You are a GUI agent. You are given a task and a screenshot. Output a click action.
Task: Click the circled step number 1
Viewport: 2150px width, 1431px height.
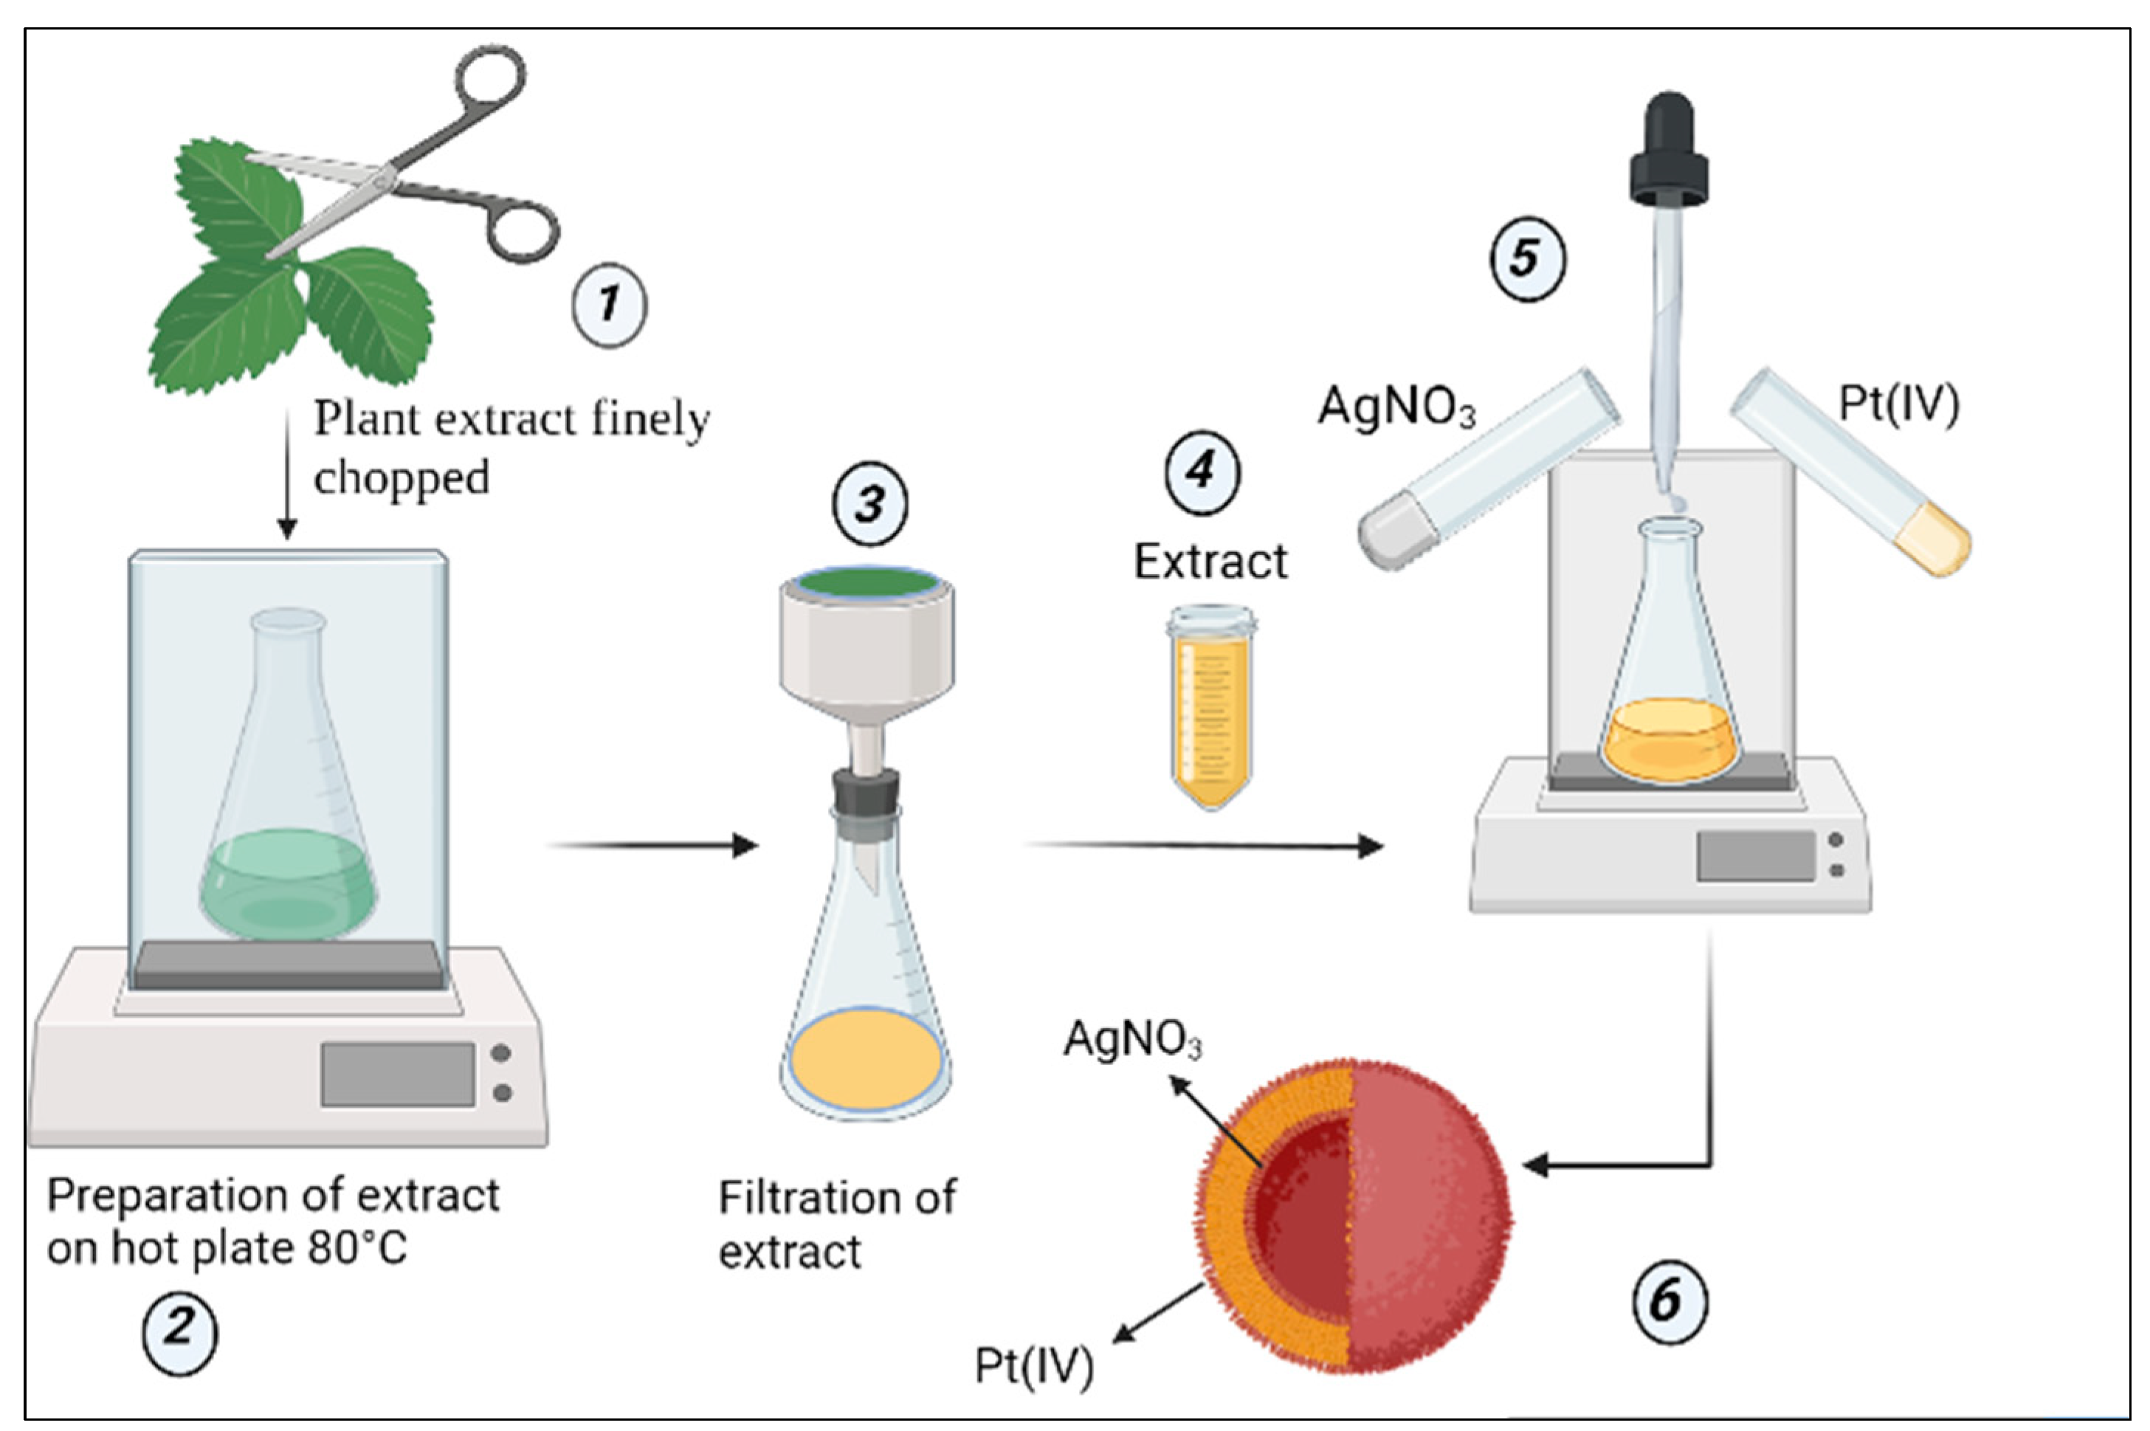610,304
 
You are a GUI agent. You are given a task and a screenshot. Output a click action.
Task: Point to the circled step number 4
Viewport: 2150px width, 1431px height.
1202,472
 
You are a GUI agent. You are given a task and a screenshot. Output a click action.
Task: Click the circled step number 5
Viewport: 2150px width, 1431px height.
1527,258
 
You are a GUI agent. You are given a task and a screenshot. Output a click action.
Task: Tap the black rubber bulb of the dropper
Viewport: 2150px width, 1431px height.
1669,151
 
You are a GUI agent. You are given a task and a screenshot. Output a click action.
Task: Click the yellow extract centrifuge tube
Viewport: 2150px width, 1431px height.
1211,707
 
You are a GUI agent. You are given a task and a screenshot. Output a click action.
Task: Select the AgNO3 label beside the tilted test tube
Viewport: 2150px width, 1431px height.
1396,407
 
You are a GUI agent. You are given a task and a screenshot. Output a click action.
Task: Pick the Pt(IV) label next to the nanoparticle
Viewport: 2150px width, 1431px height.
1034,1366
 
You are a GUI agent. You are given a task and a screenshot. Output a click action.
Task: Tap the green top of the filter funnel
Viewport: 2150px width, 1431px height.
867,582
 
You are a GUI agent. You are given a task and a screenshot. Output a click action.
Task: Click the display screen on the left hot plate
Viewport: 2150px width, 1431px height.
397,1074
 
